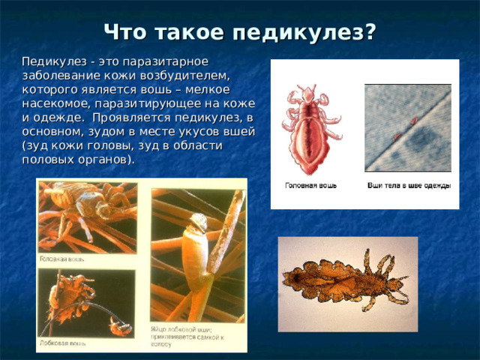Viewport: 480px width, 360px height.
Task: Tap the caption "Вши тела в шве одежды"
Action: [410, 184]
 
